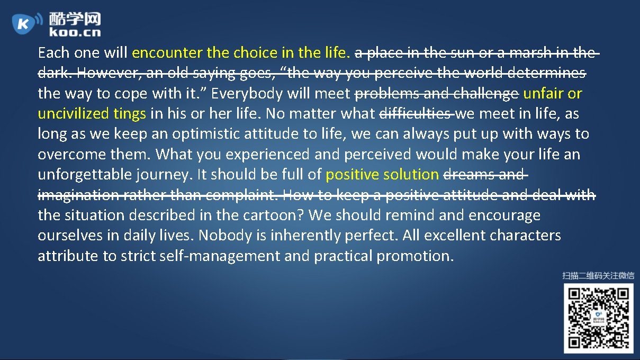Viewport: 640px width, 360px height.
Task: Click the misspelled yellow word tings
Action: coord(130,114)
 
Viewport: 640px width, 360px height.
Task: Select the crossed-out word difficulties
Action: coord(416,114)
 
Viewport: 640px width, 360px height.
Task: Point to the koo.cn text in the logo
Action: coord(74,32)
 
